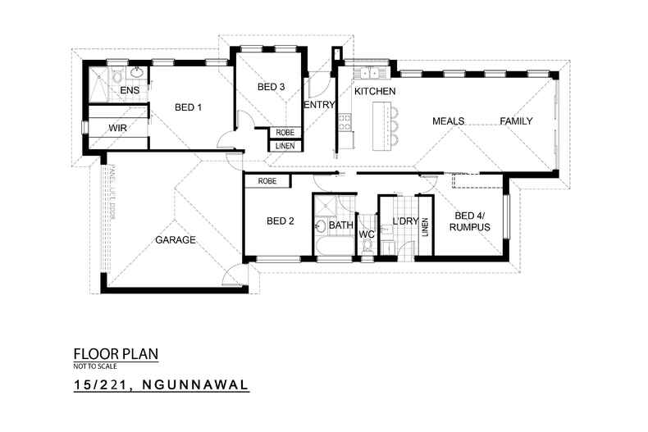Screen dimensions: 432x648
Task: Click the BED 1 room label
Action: tap(188, 107)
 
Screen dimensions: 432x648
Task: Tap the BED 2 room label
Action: tap(280, 221)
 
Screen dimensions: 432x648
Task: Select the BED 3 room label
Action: tap(271, 87)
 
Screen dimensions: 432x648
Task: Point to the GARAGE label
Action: tap(176, 240)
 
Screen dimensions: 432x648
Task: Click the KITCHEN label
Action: tap(375, 91)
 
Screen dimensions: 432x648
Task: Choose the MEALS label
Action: tap(449, 121)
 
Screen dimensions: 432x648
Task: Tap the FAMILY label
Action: tap(516, 121)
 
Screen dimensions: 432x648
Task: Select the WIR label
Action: tap(118, 129)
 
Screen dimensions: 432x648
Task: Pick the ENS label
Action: tap(130, 89)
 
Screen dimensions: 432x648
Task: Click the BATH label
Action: tap(341, 224)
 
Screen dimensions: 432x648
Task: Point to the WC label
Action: tap(367, 234)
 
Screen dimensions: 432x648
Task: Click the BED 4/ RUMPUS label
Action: tap(470, 221)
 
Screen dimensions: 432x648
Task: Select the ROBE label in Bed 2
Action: tap(266, 180)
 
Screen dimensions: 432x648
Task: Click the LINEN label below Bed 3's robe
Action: tap(285, 146)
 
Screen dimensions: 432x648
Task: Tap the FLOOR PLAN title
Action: tap(115, 354)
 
